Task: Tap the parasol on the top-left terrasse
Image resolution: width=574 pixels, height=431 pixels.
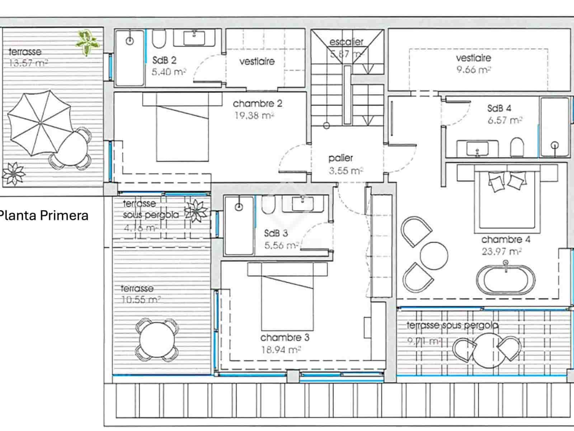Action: [x=39, y=123]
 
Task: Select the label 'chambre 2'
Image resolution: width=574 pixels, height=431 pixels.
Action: [x=257, y=104]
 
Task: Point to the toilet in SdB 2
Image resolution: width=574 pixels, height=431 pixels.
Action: [x=159, y=38]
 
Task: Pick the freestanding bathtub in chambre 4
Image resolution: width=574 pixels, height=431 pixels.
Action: [x=506, y=280]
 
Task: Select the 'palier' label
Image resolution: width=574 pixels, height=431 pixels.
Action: [x=340, y=158]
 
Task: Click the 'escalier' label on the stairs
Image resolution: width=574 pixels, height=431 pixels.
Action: [x=346, y=42]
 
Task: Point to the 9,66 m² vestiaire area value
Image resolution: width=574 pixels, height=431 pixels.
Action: [x=473, y=70]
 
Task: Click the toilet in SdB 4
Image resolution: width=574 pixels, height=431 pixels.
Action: [x=517, y=147]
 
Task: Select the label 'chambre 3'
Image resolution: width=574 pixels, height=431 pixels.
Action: [x=284, y=338]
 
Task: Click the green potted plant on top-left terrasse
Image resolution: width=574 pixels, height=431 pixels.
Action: [x=87, y=42]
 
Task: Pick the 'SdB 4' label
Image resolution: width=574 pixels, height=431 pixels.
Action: [x=499, y=108]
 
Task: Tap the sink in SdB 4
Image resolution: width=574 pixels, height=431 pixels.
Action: [x=477, y=148]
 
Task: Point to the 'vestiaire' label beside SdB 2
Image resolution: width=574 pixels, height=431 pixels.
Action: [x=257, y=61]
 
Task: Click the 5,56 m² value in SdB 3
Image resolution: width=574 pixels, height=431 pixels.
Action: [x=281, y=246]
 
